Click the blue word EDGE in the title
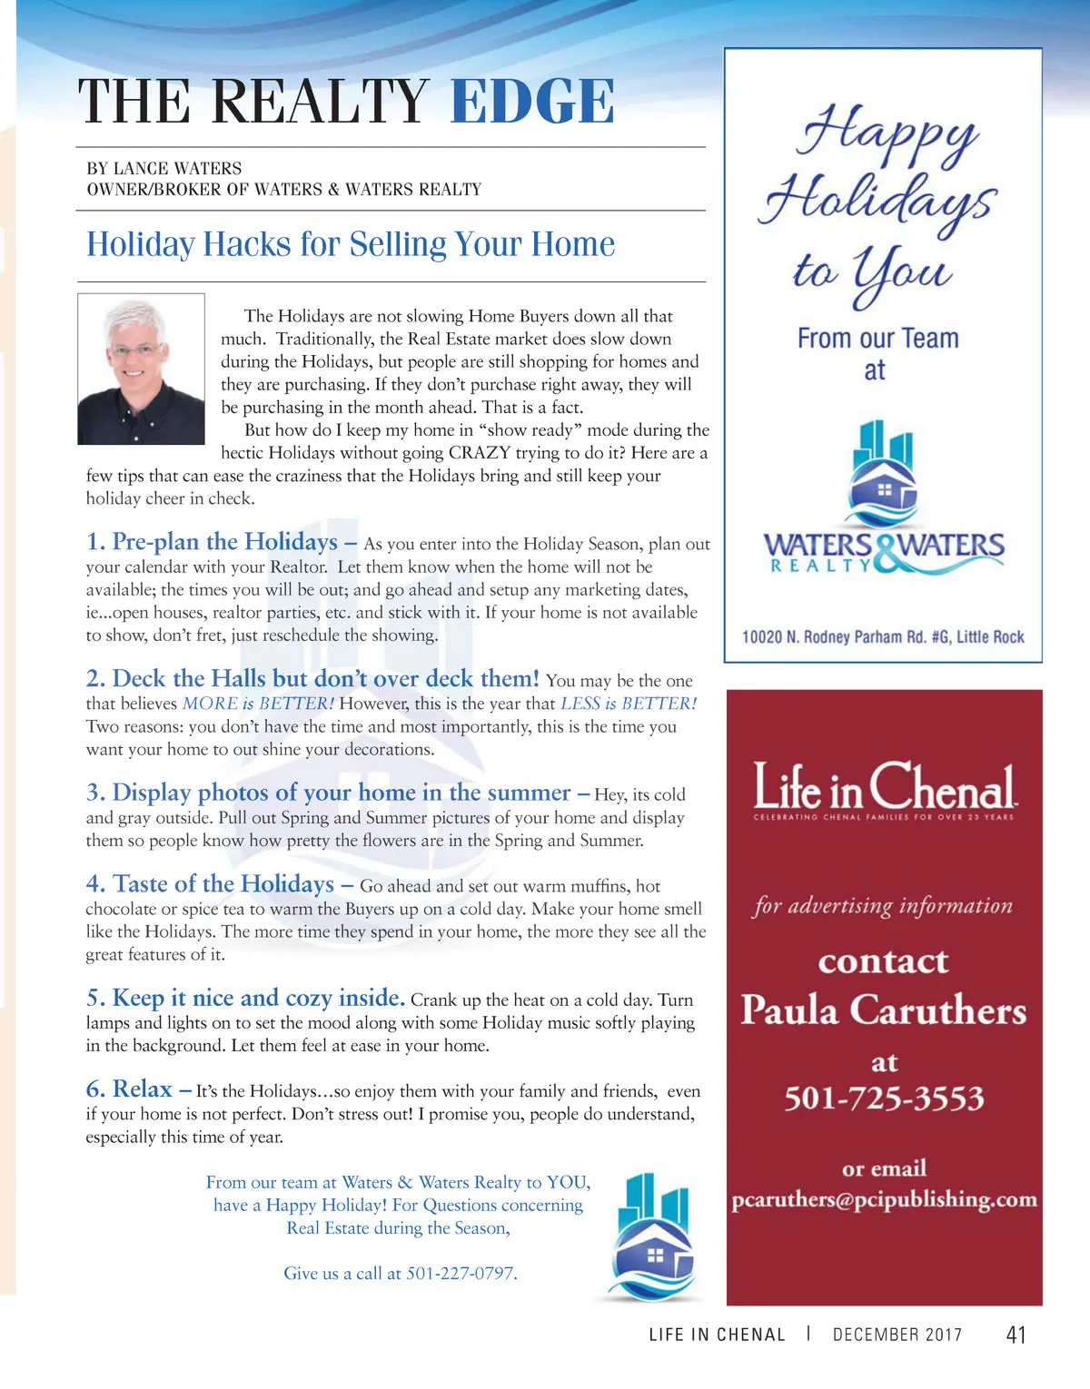coord(532,101)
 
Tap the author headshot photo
coord(141,369)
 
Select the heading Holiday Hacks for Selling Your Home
coord(351,245)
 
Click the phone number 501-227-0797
coord(461,1274)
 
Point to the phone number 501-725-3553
coord(884,1098)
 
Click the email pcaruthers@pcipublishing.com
coord(884,1199)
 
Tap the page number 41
coord(1016,1335)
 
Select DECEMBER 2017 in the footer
coord(897,1335)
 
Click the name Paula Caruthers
coord(884,1010)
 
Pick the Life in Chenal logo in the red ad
coord(884,788)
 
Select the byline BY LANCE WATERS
coord(164,169)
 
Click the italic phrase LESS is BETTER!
coord(629,704)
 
